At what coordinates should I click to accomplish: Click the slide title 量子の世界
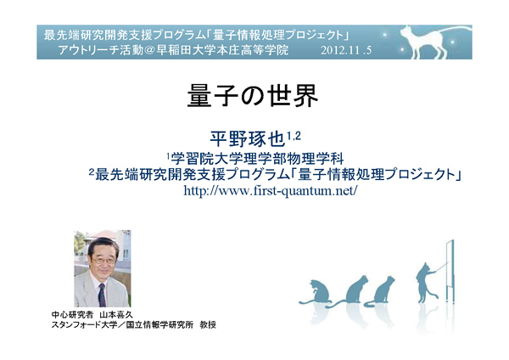(253, 96)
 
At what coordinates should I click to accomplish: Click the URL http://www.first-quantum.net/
(271, 190)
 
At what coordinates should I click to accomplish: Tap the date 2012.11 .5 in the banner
(346, 50)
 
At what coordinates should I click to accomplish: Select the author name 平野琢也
(248, 139)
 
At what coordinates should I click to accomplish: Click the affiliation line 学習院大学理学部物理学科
(257, 159)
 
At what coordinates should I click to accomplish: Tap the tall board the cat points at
(450, 272)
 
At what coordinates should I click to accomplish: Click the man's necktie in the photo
(102, 295)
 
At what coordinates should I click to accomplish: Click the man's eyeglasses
(103, 261)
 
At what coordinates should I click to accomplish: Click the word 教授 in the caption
(208, 324)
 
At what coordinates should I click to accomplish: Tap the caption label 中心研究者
(72, 315)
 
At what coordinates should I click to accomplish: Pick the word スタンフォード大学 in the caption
(84, 324)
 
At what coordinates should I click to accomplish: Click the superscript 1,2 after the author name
(294, 136)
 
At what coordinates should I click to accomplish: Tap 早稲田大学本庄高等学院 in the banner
(222, 50)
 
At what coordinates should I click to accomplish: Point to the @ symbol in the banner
(150, 50)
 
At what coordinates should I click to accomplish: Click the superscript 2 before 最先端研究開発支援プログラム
(92, 172)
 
